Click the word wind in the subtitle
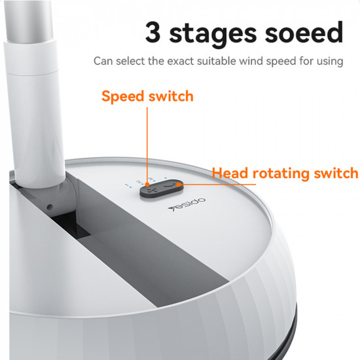(261, 62)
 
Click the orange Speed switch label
(147, 96)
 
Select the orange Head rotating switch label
(285, 173)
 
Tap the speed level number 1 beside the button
(127, 187)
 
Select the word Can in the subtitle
(103, 62)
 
